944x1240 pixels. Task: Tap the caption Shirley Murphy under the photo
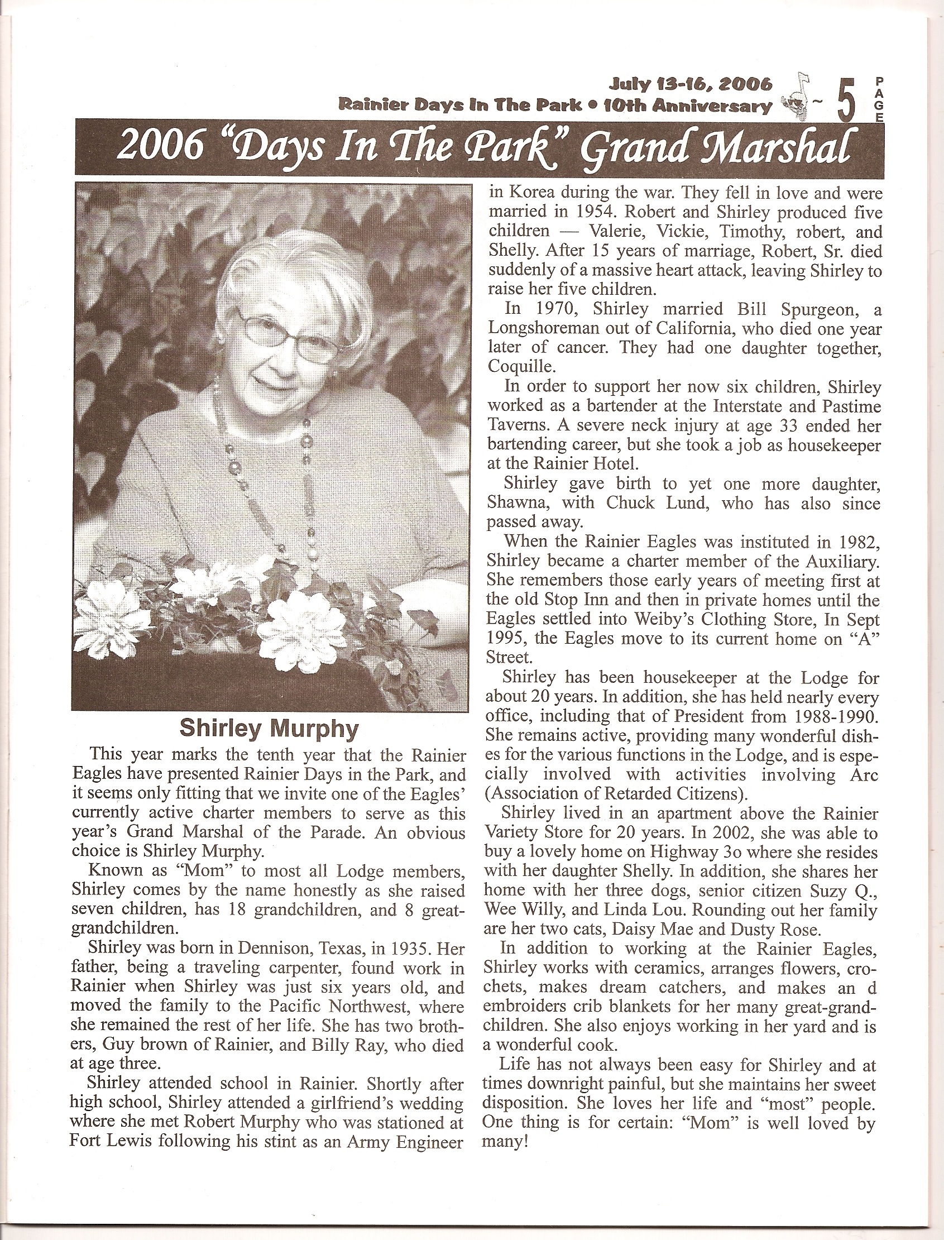[x=268, y=729]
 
